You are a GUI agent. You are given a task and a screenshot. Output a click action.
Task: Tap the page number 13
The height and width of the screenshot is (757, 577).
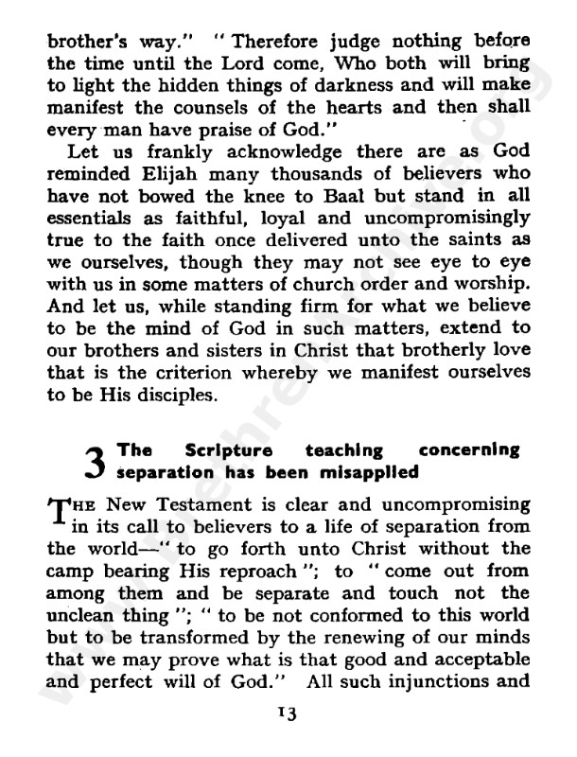click(287, 714)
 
